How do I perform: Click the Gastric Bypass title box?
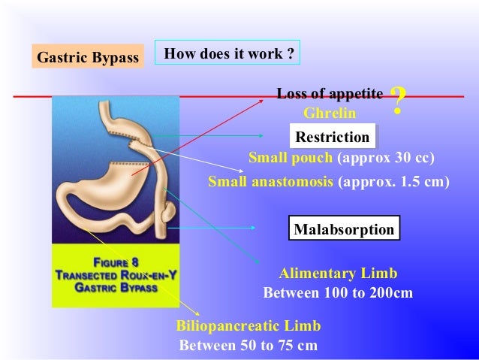(x=87, y=57)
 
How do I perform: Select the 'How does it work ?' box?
(x=227, y=54)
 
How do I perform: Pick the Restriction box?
(x=333, y=137)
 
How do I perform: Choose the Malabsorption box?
(x=344, y=229)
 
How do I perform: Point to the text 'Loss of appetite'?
(x=330, y=94)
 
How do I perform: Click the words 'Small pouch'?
(x=291, y=159)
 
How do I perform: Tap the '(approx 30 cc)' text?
(x=386, y=159)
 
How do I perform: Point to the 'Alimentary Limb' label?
(x=338, y=273)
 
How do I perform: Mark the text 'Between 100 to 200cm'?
(x=338, y=292)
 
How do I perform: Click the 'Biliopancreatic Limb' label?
(x=248, y=326)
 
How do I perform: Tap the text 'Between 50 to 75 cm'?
(x=248, y=346)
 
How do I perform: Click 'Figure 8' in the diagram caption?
(x=115, y=262)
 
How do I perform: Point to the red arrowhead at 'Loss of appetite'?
(x=273, y=98)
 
